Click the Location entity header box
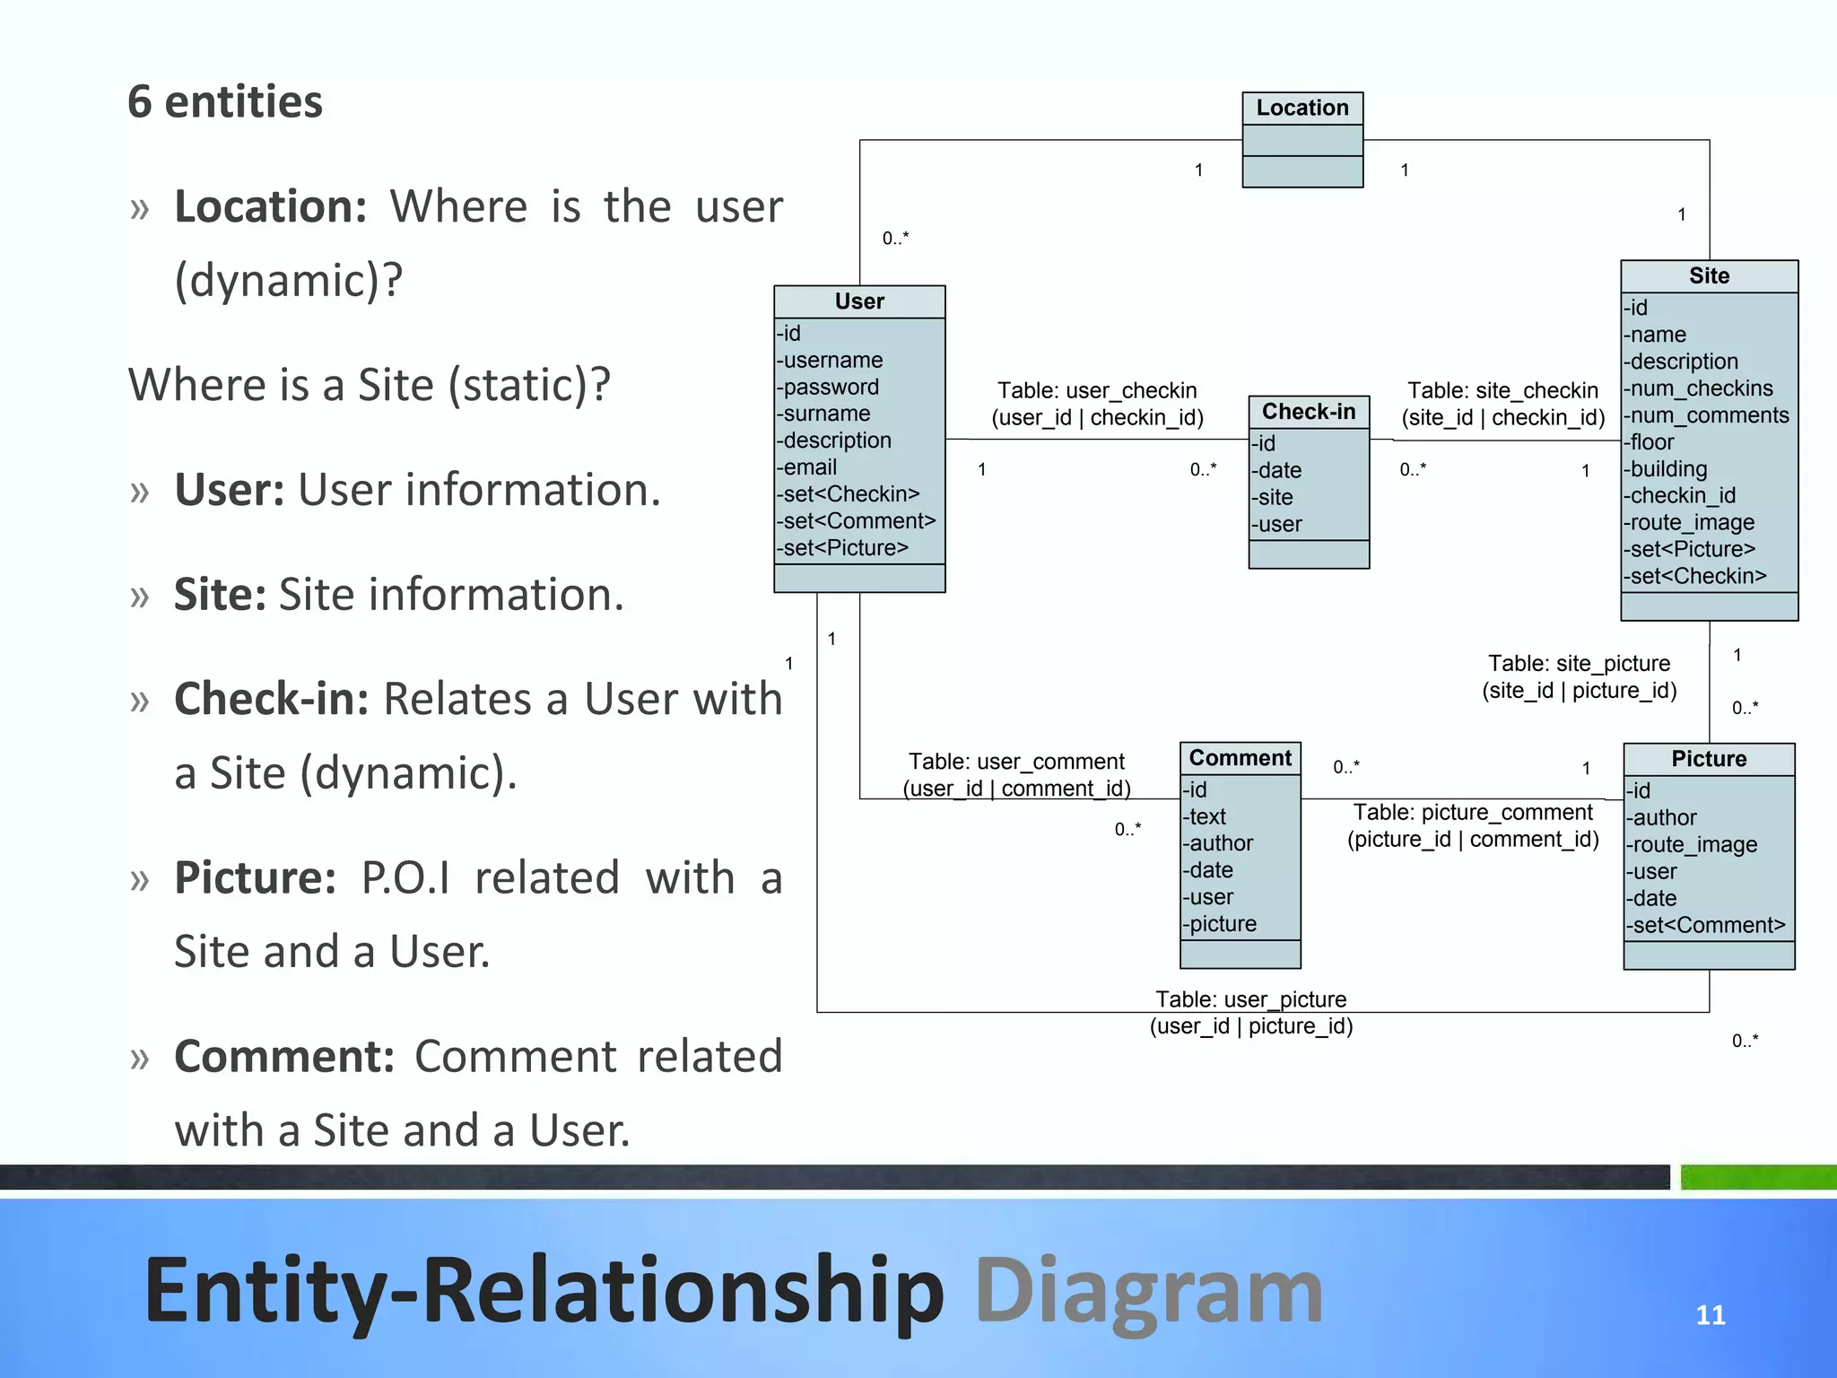click(1302, 109)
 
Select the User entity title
click(858, 301)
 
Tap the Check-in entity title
click(1308, 412)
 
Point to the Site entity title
click(1708, 276)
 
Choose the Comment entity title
click(1240, 758)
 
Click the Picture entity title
click(1708, 759)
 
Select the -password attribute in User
click(827, 387)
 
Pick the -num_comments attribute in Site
click(1705, 415)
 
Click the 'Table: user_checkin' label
click(1096, 391)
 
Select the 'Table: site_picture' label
click(1578, 664)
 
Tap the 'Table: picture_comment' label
click(1472, 813)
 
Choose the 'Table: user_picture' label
click(1249, 999)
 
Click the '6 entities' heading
click(224, 101)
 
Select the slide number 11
click(1710, 1315)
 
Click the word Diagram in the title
click(1148, 1290)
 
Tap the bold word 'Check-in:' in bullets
click(271, 699)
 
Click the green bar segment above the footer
click(1757, 1176)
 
